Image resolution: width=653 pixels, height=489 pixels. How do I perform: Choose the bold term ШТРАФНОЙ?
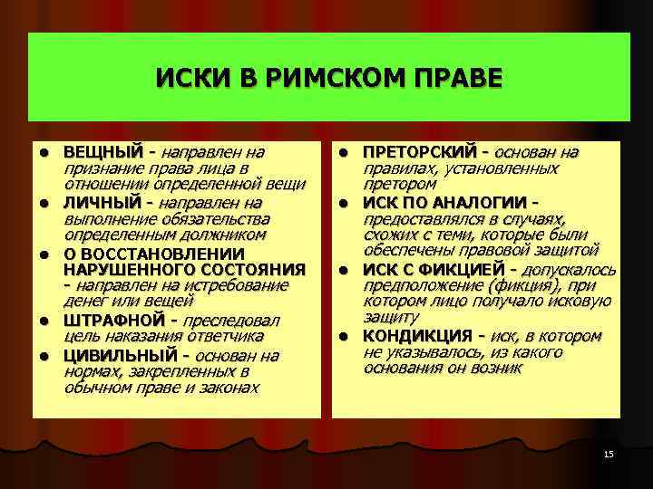(x=113, y=321)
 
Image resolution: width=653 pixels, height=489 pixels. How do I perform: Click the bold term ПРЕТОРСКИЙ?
(x=418, y=151)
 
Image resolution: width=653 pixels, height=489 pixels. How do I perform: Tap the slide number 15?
(x=609, y=453)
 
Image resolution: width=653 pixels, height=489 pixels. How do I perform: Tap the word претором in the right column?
(x=394, y=184)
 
